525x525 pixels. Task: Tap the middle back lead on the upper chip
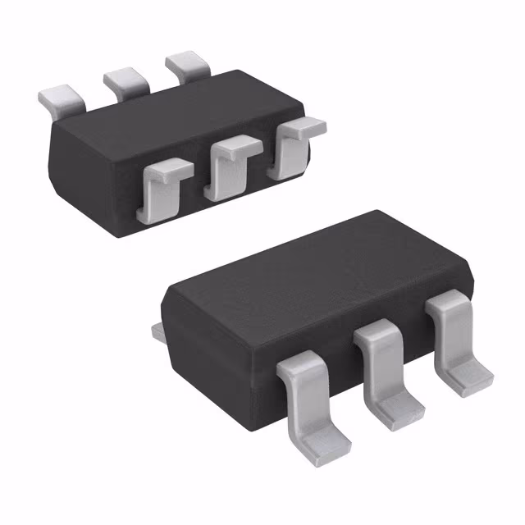click(126, 81)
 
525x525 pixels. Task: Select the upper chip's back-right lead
click(188, 66)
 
